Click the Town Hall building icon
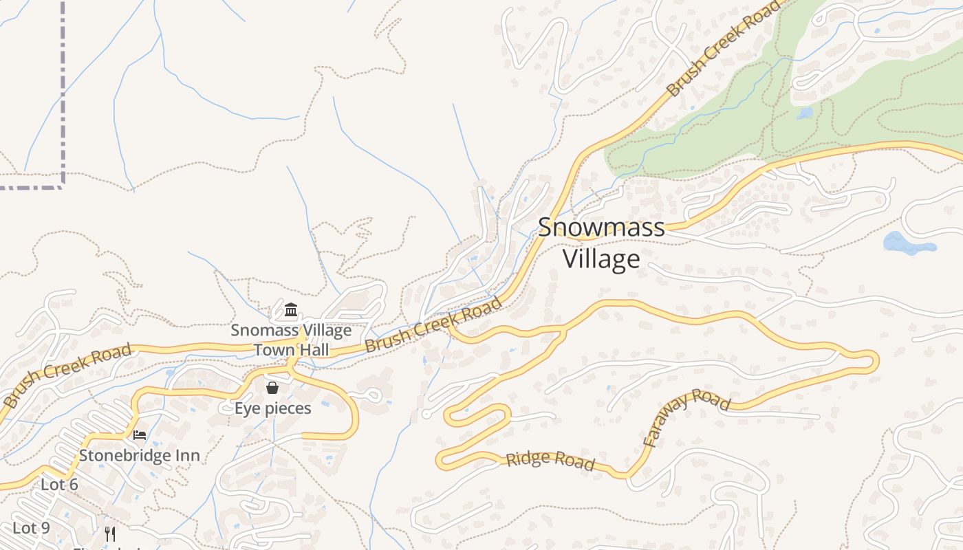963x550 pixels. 290,309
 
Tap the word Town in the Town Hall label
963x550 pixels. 273,350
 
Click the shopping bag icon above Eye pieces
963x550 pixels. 272,388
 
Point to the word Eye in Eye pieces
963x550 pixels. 247,408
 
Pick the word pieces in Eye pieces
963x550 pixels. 287,409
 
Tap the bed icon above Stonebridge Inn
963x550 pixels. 139,434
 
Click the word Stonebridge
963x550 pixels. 126,455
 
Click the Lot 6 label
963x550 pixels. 59,485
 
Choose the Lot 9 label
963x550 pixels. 32,528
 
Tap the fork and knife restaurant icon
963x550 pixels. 110,533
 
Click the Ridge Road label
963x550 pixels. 550,461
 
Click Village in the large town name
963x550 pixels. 601,259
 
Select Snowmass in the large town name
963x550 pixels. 601,228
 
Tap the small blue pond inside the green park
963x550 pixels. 804,113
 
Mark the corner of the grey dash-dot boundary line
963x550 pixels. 63,186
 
